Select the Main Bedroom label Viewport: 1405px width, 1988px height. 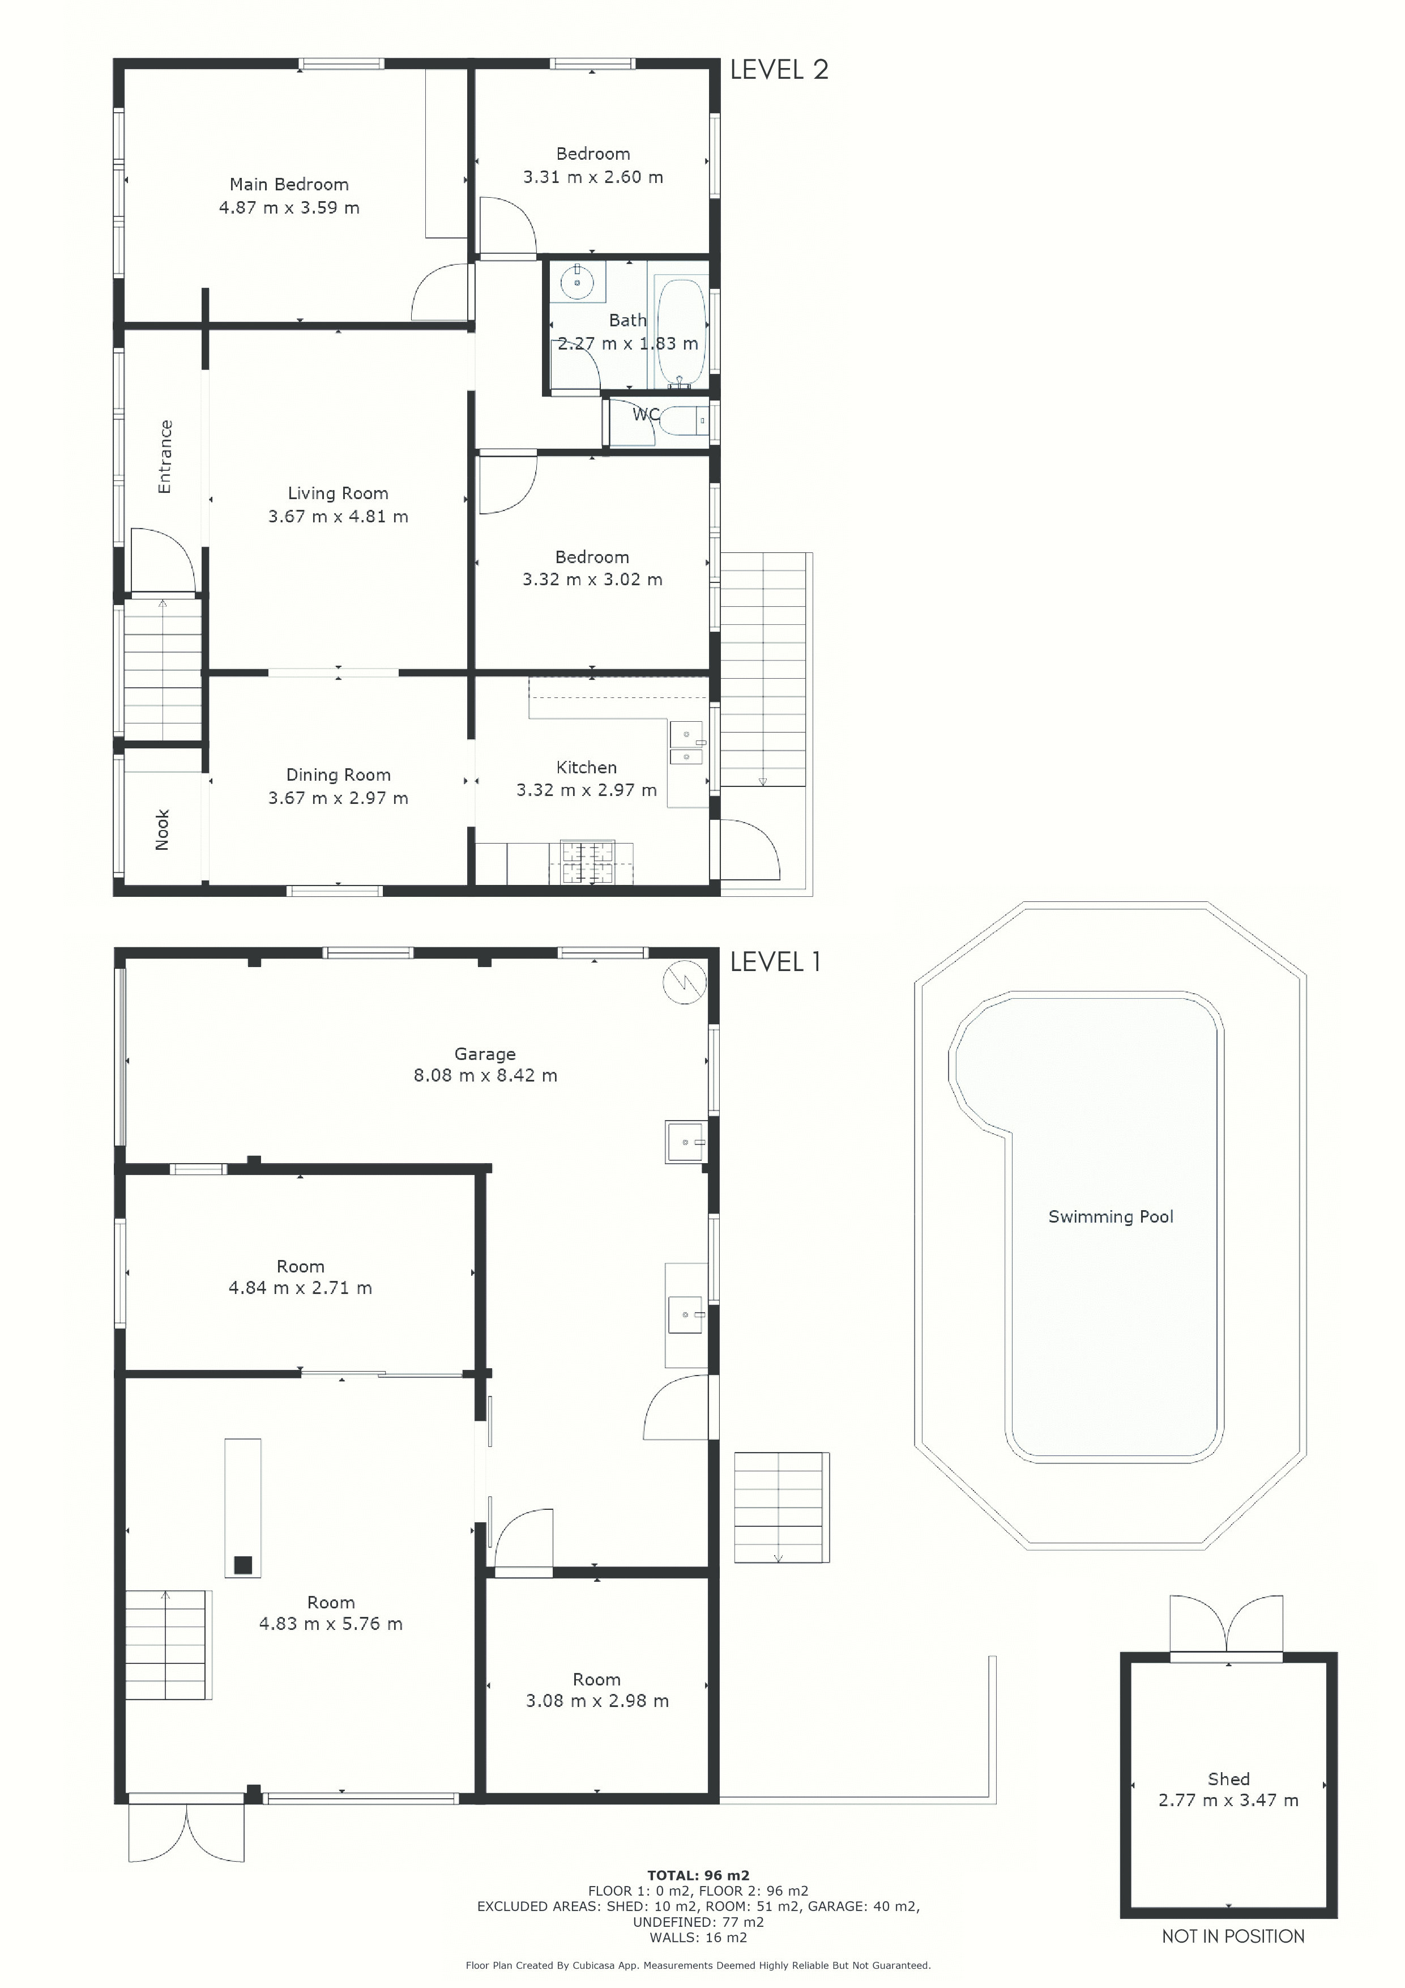[x=289, y=185]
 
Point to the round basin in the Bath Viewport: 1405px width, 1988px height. [x=576, y=282]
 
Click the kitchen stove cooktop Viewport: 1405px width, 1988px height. [x=588, y=862]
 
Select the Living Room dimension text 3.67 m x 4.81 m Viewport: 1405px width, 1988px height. [x=338, y=517]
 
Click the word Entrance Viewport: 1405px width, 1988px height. [x=164, y=456]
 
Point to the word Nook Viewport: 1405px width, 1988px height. [x=162, y=829]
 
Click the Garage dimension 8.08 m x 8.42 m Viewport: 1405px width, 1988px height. [x=485, y=1075]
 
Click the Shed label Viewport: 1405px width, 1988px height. [x=1228, y=1778]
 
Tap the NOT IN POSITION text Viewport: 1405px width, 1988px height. [x=1233, y=1936]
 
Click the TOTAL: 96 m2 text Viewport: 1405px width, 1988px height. [x=698, y=1875]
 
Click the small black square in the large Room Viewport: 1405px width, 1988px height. [x=244, y=1565]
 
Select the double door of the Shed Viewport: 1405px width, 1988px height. [x=1226, y=1624]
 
